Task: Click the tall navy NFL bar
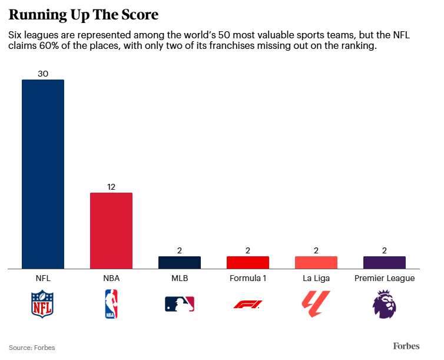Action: point(42,174)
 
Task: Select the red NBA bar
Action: point(111,230)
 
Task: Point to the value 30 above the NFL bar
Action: point(42,74)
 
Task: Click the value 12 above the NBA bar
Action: point(111,187)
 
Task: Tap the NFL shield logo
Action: point(42,304)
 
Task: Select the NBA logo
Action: point(111,304)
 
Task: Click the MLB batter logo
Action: point(179,304)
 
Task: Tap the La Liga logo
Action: point(316,304)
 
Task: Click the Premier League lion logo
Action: point(384,304)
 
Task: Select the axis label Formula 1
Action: point(247,278)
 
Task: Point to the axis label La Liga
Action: point(316,278)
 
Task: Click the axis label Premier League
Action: point(384,278)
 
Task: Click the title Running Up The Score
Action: point(83,14)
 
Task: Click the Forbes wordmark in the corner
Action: point(406,346)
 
